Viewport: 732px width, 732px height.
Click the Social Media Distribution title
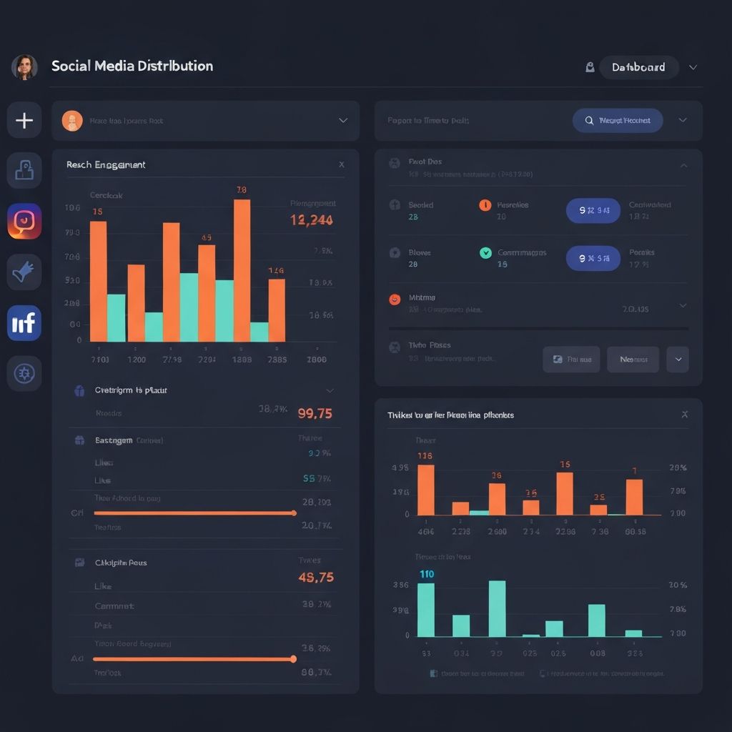[132, 66]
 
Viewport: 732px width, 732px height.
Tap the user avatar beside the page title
[24, 67]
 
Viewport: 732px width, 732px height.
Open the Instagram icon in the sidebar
[24, 221]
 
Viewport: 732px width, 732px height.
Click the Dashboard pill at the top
[638, 67]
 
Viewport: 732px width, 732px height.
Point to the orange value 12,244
[312, 220]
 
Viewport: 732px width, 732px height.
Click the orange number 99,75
[315, 413]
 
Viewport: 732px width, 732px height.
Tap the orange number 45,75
[315, 577]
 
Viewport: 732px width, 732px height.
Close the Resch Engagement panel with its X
[341, 164]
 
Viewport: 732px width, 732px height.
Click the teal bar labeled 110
[426, 610]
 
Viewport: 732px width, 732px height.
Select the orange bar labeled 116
[425, 490]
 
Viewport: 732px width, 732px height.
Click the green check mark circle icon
[485, 252]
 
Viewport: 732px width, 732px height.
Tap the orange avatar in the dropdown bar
[72, 121]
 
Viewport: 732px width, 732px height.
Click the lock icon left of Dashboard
[590, 67]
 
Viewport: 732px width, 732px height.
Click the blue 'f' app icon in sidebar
[24, 323]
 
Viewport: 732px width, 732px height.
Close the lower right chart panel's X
[684, 415]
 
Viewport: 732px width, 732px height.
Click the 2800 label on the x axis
[317, 360]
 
